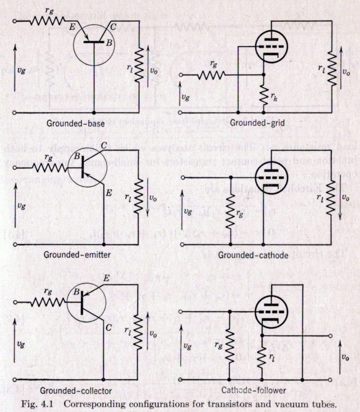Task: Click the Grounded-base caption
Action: (76, 124)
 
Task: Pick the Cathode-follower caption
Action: (253, 390)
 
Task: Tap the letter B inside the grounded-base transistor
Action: (109, 43)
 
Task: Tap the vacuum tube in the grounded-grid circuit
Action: (272, 47)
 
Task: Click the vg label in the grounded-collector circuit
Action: (21, 344)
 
